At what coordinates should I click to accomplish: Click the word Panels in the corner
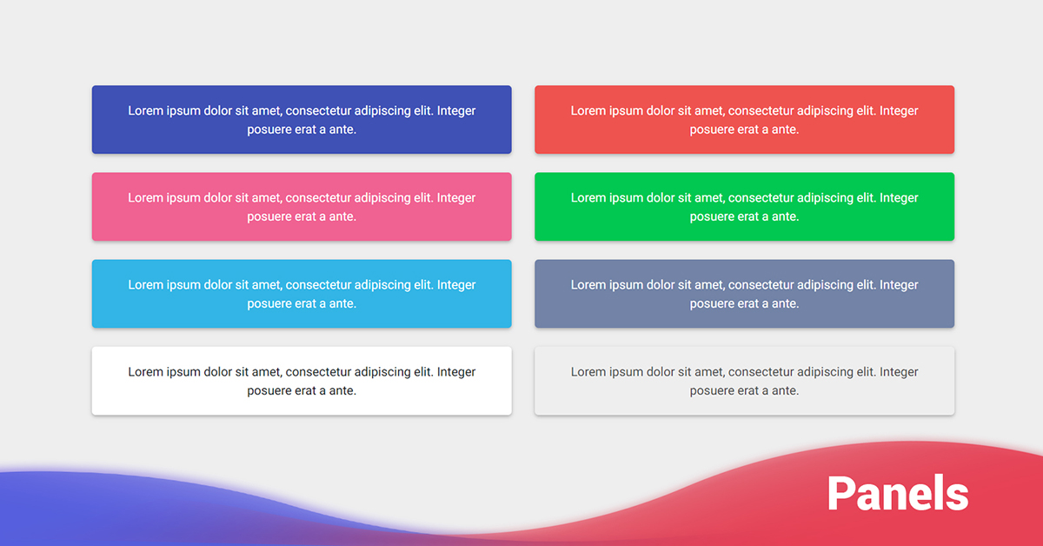(x=897, y=493)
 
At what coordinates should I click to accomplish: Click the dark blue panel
(x=302, y=120)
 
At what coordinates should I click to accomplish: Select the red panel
(x=744, y=120)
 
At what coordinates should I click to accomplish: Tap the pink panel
(x=302, y=207)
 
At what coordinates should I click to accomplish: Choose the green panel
(x=744, y=207)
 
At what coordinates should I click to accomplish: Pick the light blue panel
(x=302, y=294)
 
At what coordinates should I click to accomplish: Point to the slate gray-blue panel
(x=744, y=294)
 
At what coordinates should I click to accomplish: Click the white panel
(x=302, y=381)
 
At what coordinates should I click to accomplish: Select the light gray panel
(x=744, y=381)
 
